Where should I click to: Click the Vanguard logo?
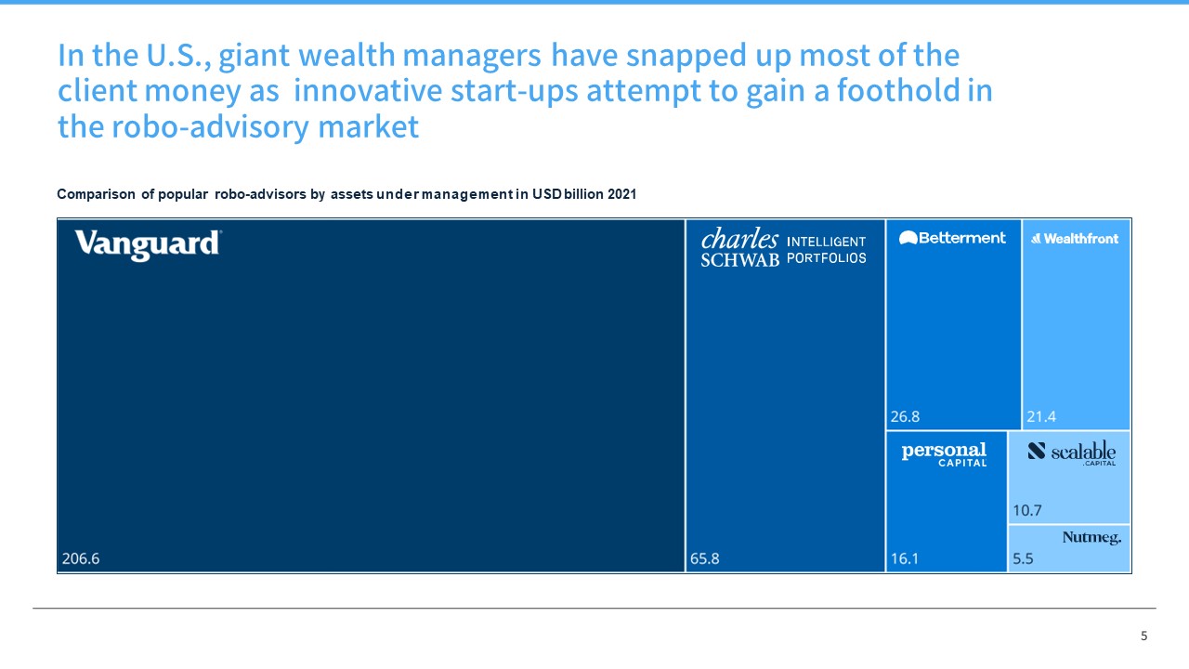[x=148, y=244]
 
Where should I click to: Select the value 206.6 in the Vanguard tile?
[x=80, y=559]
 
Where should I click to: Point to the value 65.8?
[x=704, y=559]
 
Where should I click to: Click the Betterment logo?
[x=952, y=238]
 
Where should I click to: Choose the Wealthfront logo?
[x=1075, y=239]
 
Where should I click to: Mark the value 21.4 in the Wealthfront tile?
[x=1041, y=416]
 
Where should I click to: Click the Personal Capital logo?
[x=944, y=453]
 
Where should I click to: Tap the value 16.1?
[x=904, y=559]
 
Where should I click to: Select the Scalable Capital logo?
[x=1072, y=453]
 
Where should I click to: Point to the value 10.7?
[x=1026, y=510]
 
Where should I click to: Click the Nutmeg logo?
[x=1091, y=537]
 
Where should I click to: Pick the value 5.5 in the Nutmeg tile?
[x=1023, y=559]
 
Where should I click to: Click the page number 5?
[x=1143, y=636]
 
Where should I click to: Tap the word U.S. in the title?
[x=176, y=56]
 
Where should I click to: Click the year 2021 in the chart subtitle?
[x=621, y=194]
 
